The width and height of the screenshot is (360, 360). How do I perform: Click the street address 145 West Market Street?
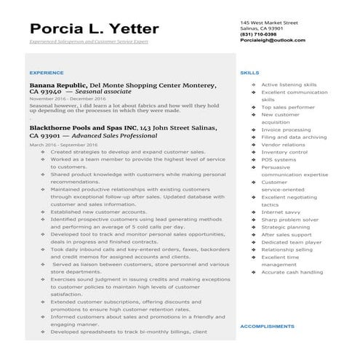click(269, 23)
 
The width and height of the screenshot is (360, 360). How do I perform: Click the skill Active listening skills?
click(288, 84)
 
